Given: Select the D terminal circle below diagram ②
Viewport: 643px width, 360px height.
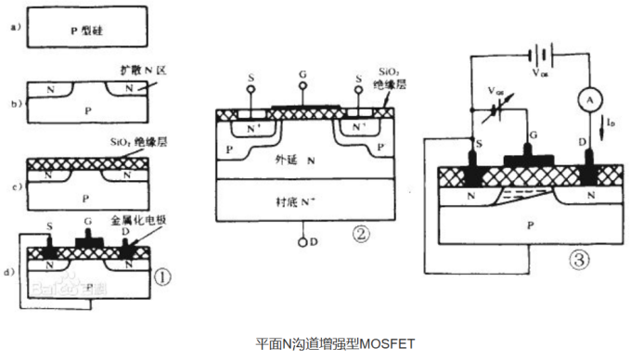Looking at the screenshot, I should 302,242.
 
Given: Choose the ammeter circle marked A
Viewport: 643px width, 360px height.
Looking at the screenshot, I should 586,96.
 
